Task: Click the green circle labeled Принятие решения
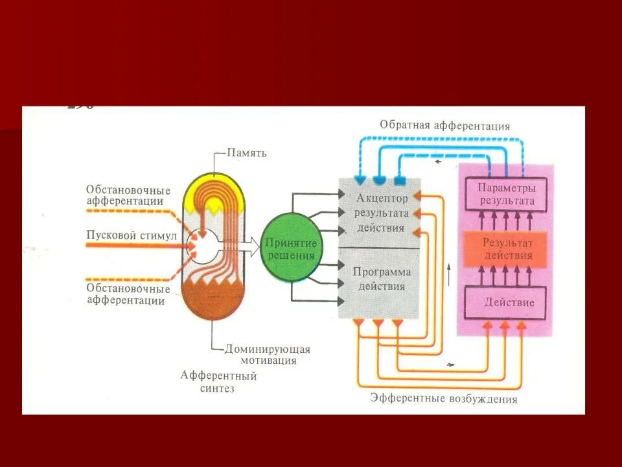coord(290,249)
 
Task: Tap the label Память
coord(247,154)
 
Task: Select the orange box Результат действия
coord(507,249)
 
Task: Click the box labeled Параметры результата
coord(507,193)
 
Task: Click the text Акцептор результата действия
coord(382,212)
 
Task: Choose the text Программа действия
coord(382,279)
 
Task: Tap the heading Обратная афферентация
coord(445,126)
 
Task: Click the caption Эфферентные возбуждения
coord(444,398)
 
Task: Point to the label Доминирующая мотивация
coord(268,354)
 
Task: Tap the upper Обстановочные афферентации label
coord(128,195)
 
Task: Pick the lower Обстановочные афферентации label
coord(128,294)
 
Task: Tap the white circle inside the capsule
coord(203,248)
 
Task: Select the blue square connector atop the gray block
coord(400,179)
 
